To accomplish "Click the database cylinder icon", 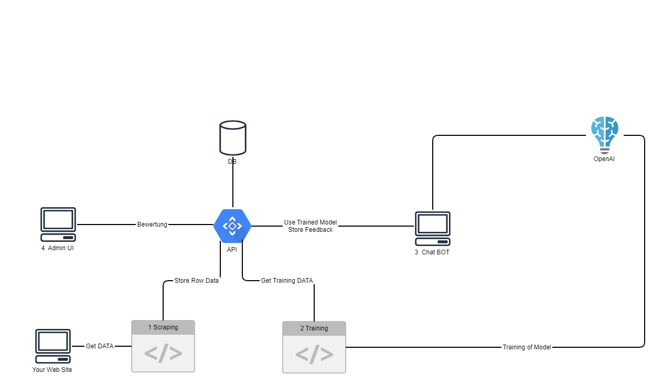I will (x=233, y=138).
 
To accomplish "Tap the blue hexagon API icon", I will (x=232, y=226).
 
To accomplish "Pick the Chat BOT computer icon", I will (x=433, y=228).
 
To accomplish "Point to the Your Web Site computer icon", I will (x=53, y=346).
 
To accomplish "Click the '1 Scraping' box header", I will (x=163, y=327).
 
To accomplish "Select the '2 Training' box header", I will (x=314, y=328).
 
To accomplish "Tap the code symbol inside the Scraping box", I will (x=163, y=354).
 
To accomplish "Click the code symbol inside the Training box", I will (x=314, y=355).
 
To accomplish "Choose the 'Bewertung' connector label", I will (x=152, y=225).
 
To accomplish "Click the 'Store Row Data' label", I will (x=197, y=281).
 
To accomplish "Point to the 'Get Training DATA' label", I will (x=287, y=281).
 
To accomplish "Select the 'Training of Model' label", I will (x=527, y=347).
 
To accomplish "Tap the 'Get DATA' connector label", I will (x=100, y=346).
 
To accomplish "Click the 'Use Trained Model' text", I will (x=311, y=222).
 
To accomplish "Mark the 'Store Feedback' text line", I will (x=311, y=230).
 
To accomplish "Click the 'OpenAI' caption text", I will (x=604, y=158).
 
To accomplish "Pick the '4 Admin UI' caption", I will (x=58, y=248).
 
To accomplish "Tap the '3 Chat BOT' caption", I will (x=432, y=252).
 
